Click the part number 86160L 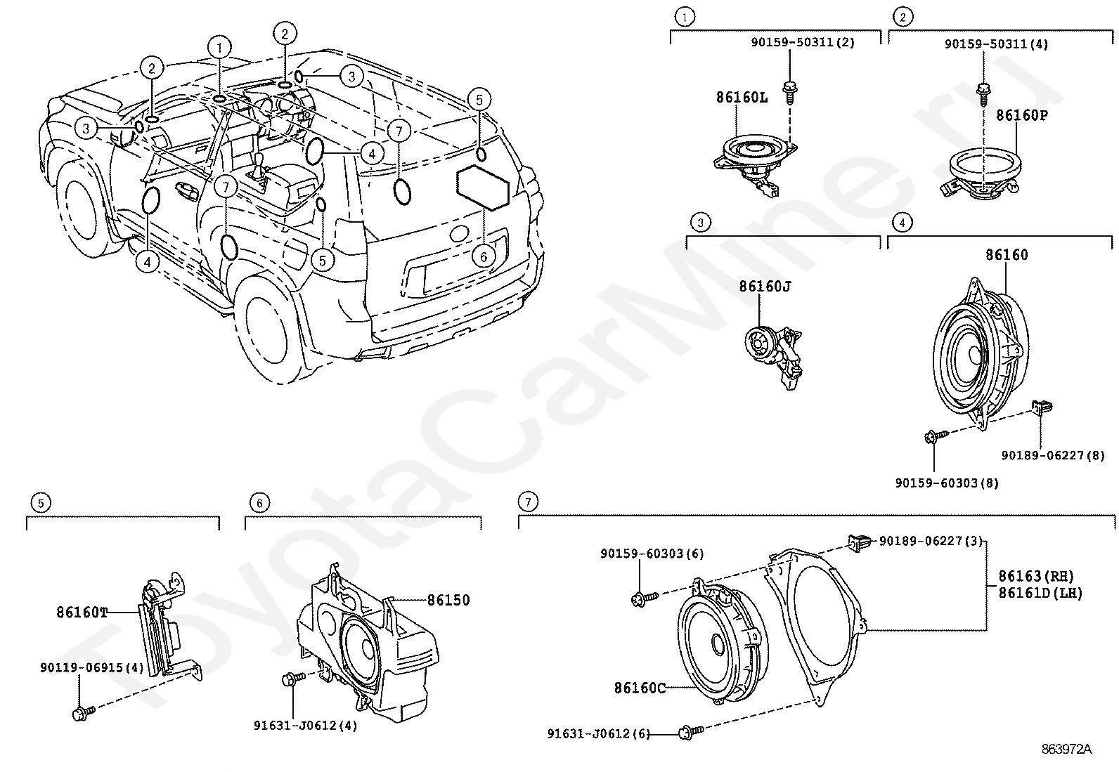pos(742,97)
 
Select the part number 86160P pos(1022,115)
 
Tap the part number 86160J pos(765,286)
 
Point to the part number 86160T pos(82,613)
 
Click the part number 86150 pos(448,600)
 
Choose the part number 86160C pos(640,688)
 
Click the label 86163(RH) pos(1036,576)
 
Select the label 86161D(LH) pos(1040,593)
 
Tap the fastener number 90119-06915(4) pos(92,667)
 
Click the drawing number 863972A pos(1066,749)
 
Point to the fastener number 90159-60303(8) pos(947,483)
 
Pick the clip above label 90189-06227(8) pos(1042,408)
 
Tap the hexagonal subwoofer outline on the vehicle pos(483,188)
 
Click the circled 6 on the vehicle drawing pos(483,256)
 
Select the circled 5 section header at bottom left pos(41,502)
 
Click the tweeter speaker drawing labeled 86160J pos(772,355)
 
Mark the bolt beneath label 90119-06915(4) pos(84,712)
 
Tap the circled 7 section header pos(529,501)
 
